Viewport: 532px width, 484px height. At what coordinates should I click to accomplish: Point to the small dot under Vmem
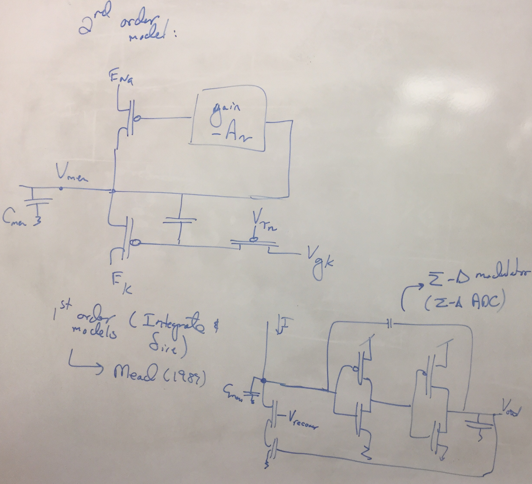tap(61, 189)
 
